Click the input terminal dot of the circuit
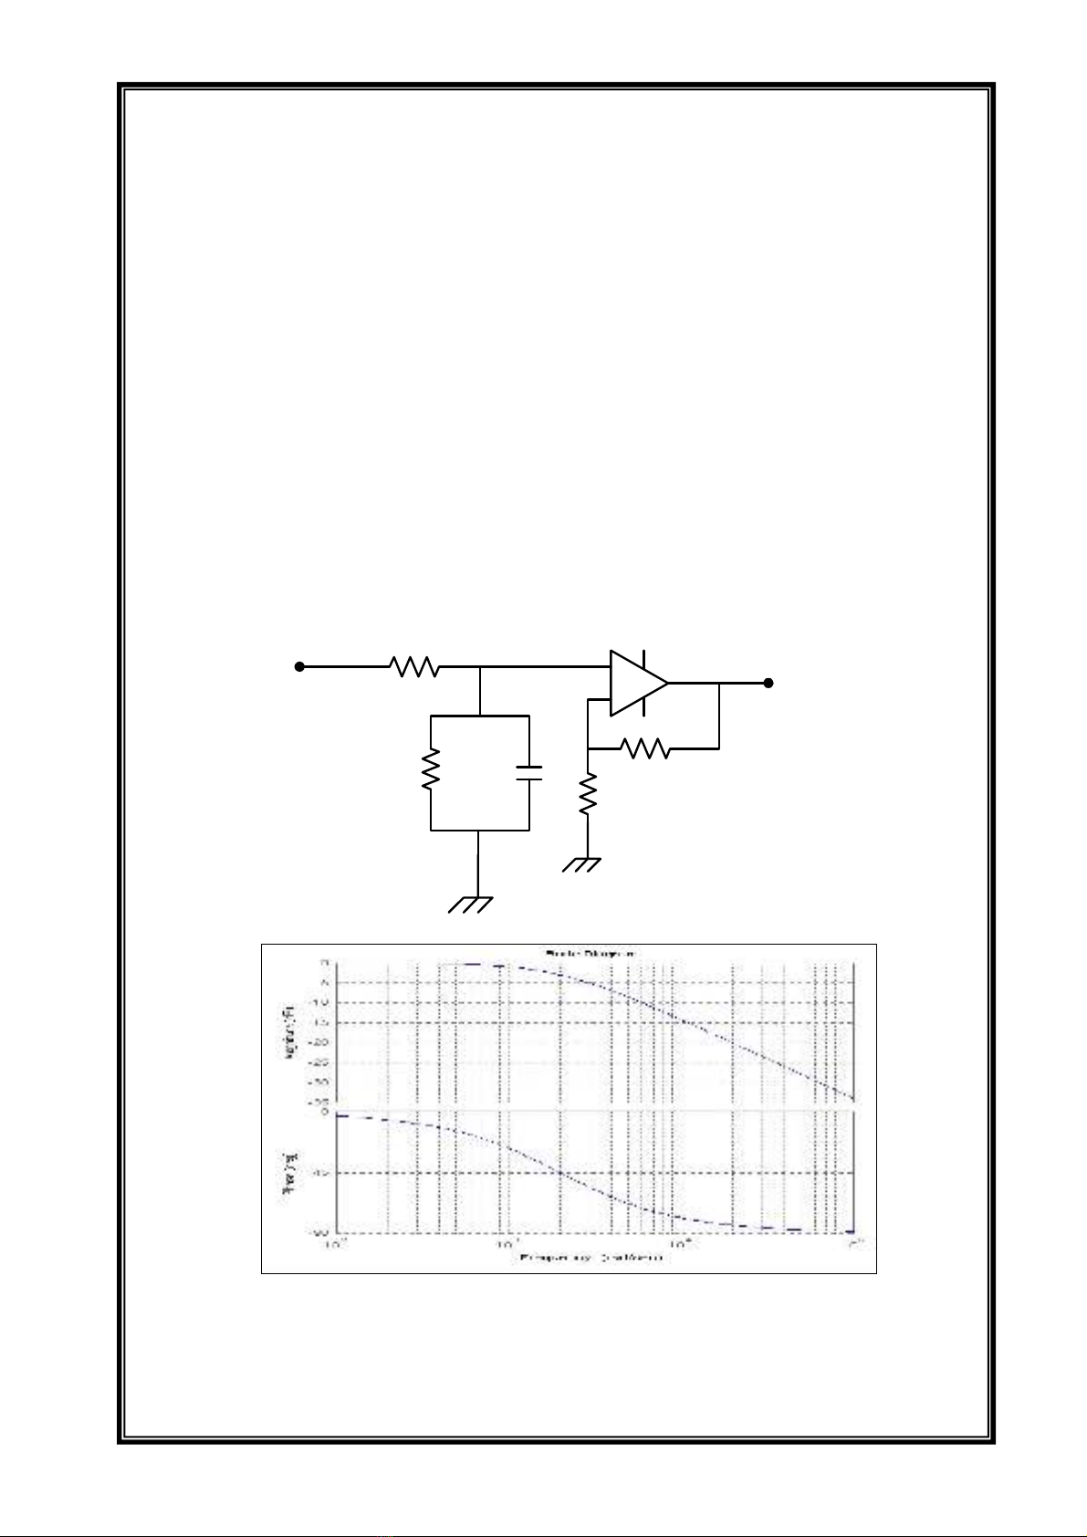coord(299,667)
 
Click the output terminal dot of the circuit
coord(768,683)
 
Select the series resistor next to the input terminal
coord(414,667)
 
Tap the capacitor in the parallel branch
coord(528,774)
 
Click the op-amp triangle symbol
coord(637,683)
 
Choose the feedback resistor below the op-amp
coord(646,749)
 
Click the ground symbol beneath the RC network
coord(471,903)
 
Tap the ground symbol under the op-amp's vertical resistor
coord(581,863)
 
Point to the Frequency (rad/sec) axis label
coord(591,1258)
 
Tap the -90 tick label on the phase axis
coord(322,1232)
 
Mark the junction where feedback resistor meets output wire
coord(719,749)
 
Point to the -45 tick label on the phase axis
coord(322,1173)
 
